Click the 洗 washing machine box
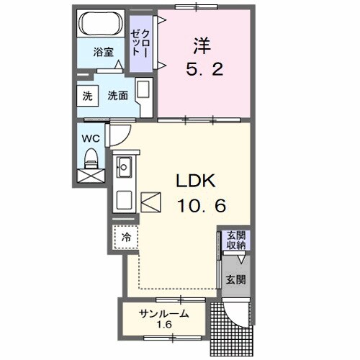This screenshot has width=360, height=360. tap(87, 95)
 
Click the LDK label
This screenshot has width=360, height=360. tap(194, 181)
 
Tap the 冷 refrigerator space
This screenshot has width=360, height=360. tap(125, 237)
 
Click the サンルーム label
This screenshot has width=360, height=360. tap(164, 313)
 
